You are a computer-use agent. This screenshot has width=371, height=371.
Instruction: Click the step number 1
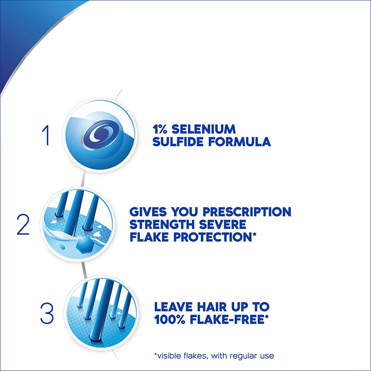[x=47, y=136]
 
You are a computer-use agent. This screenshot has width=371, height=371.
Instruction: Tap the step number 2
[x=23, y=225]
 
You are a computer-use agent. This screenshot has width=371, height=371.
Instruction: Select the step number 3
[x=47, y=313]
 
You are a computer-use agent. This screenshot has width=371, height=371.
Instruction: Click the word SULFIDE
[x=178, y=142]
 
